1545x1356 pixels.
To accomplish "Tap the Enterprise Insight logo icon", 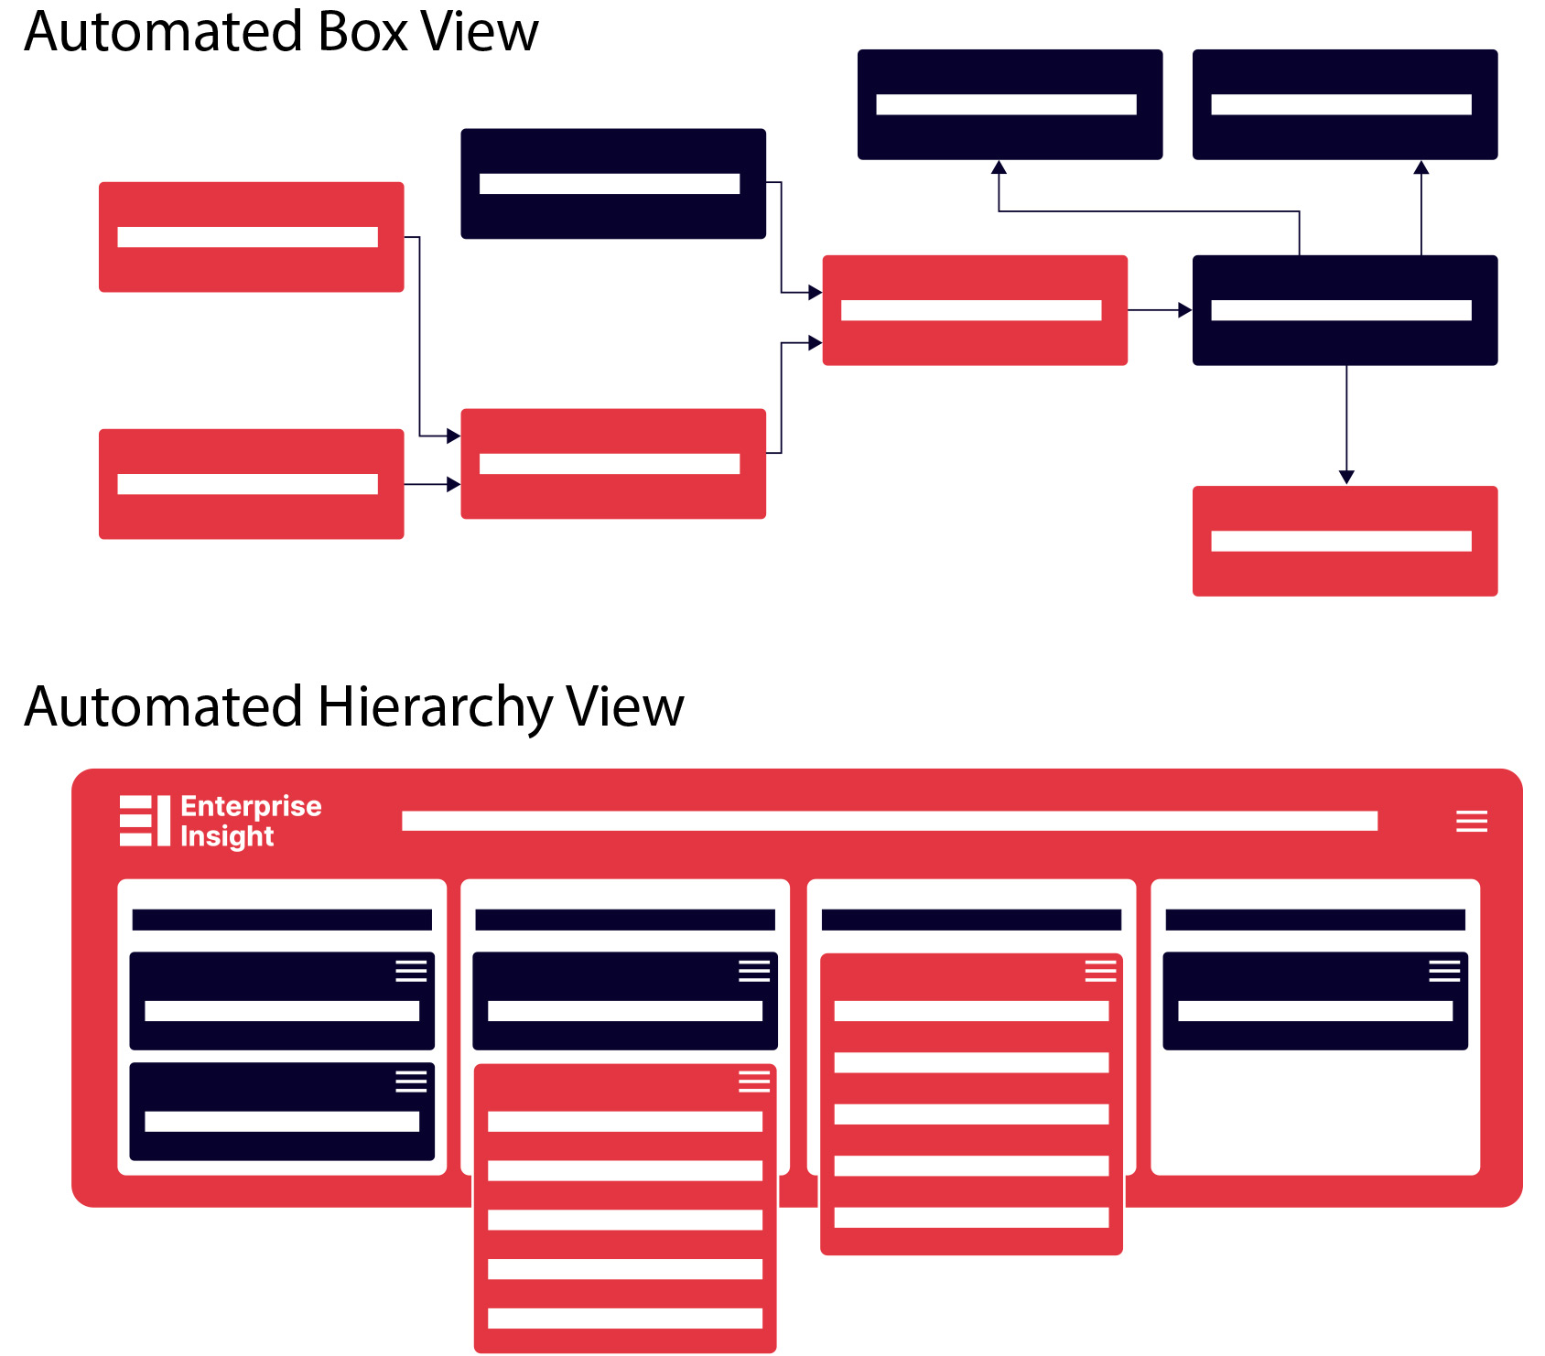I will click(145, 821).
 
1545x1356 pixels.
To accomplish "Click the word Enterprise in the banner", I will click(251, 806).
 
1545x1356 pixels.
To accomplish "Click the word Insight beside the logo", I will click(227, 836).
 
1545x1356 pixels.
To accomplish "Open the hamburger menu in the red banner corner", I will click(1471, 821).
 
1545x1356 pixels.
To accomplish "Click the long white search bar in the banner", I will click(889, 821).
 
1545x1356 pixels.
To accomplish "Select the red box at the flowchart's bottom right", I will click(1344, 541).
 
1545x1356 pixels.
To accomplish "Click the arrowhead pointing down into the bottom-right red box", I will click(1345, 477).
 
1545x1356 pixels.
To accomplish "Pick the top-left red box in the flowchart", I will click(251, 237).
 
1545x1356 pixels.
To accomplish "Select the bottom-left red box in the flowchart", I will click(251, 484).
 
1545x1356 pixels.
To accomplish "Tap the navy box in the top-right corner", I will click(1344, 104).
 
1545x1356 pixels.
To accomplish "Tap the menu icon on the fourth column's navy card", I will click(1443, 971).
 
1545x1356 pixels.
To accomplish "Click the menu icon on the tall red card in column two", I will click(753, 1082).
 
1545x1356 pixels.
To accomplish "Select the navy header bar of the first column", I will click(282, 920).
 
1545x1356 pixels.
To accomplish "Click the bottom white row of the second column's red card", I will click(624, 1318).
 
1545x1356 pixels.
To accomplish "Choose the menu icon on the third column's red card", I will click(1100, 971).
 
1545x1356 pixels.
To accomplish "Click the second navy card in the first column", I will click(282, 1111).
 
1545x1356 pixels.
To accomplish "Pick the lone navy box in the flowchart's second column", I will click(612, 184).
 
